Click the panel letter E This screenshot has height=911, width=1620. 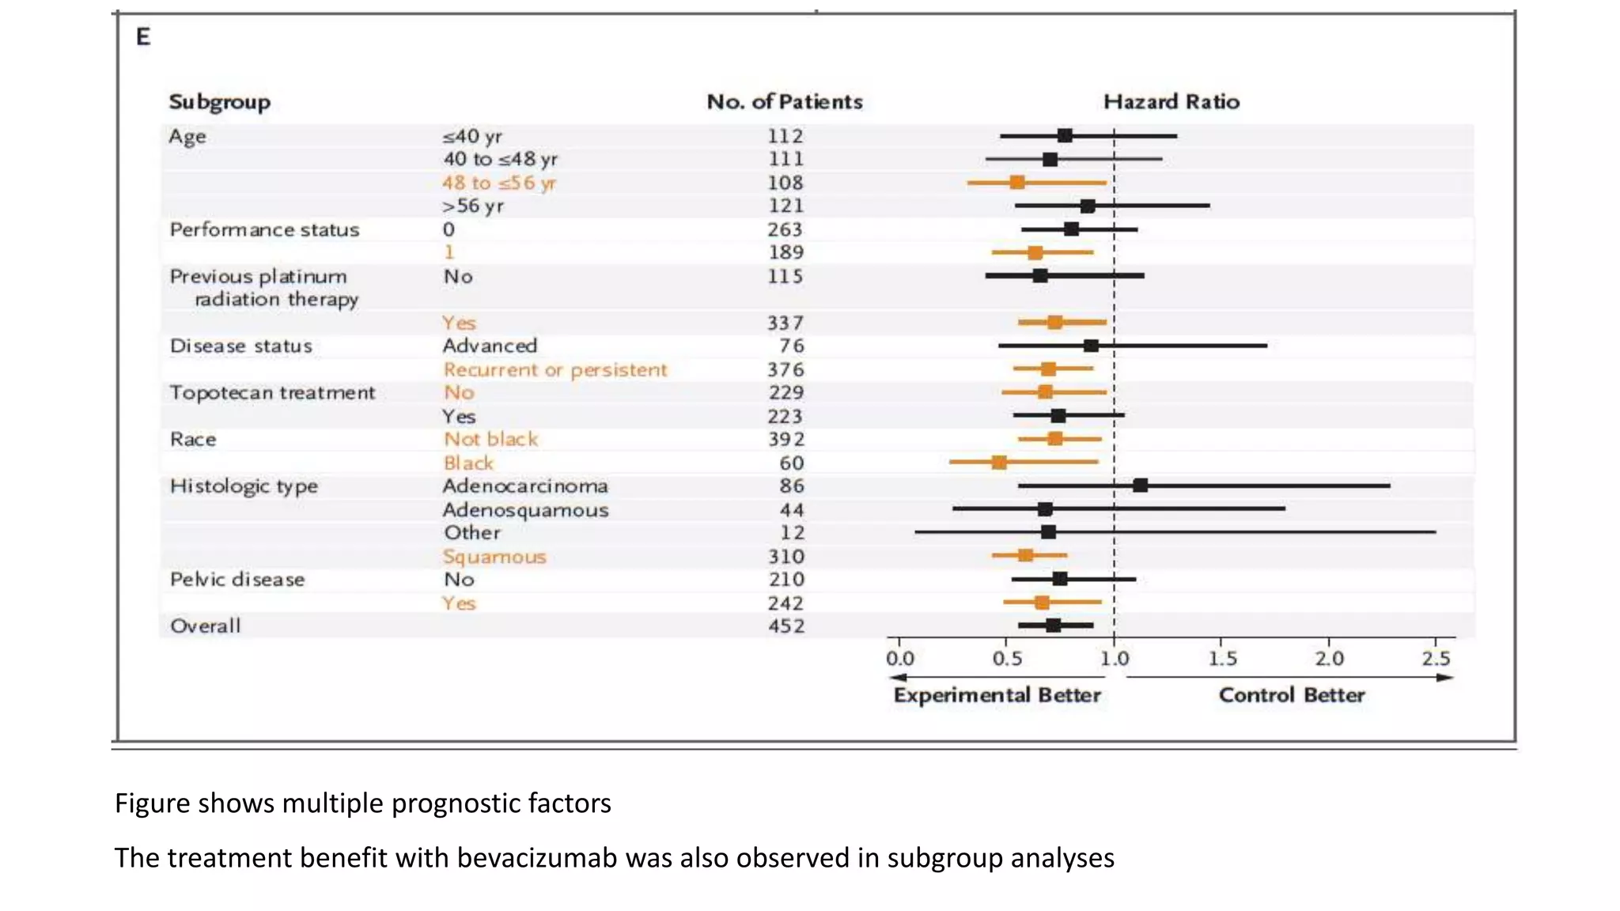point(143,37)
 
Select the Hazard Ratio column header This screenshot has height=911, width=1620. point(1171,102)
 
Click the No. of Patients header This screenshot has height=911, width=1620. point(784,102)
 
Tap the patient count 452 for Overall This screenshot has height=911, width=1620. point(785,626)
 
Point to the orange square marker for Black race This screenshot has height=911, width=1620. point(999,463)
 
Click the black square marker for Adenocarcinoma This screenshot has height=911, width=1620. point(1140,486)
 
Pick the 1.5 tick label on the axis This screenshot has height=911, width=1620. point(1222,659)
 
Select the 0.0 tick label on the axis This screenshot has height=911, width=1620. point(899,659)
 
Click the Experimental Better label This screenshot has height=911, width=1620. point(997,695)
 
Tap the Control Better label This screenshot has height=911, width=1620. point(1291,695)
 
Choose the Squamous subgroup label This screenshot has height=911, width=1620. point(494,557)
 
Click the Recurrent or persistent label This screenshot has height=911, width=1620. point(555,370)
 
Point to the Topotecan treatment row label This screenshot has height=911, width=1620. point(272,393)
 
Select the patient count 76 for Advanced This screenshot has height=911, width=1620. point(791,346)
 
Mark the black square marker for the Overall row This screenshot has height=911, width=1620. point(1053,626)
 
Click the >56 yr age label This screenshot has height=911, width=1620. point(472,206)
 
